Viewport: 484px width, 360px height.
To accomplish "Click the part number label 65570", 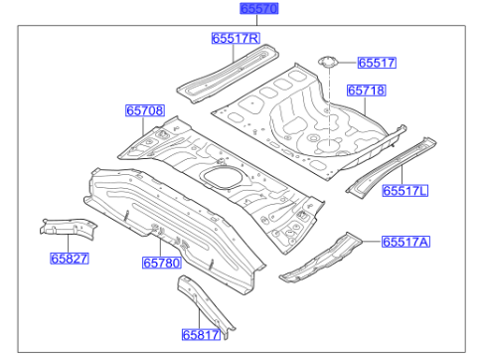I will click(258, 9).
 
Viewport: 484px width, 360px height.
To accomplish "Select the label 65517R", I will click(235, 39).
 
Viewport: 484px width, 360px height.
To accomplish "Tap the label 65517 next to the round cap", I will click(377, 63).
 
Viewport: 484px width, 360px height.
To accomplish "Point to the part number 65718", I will click(365, 90).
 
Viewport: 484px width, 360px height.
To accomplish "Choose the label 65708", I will click(144, 110).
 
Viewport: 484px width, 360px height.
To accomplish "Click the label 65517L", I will click(406, 190).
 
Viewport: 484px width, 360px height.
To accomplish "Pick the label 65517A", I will click(406, 242).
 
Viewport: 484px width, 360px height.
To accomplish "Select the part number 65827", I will click(71, 259).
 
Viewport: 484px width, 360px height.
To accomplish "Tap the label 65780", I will click(160, 263).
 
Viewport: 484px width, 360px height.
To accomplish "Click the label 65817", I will click(200, 335).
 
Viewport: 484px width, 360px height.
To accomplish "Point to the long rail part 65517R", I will click(223, 71).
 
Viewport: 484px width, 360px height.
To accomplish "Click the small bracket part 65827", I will click(65, 227).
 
